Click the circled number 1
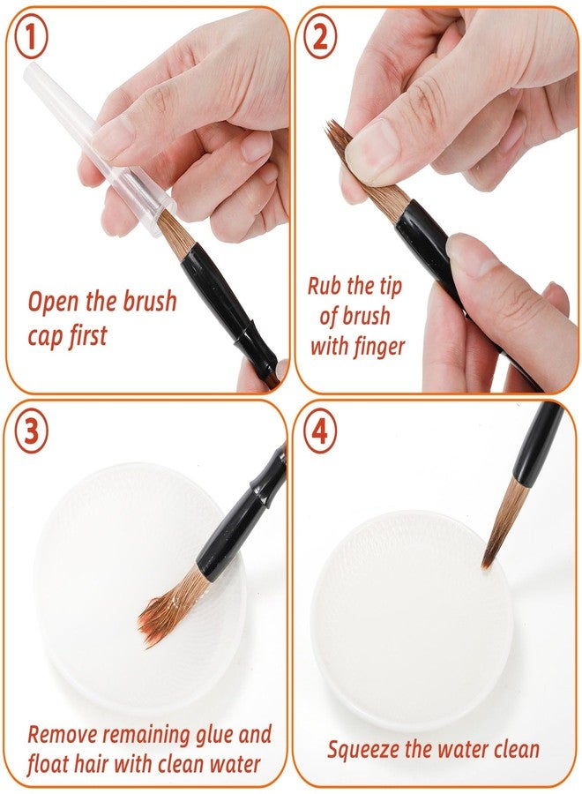point(31,40)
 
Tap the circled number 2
point(320,39)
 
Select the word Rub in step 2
point(327,286)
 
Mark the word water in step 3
point(237,764)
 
